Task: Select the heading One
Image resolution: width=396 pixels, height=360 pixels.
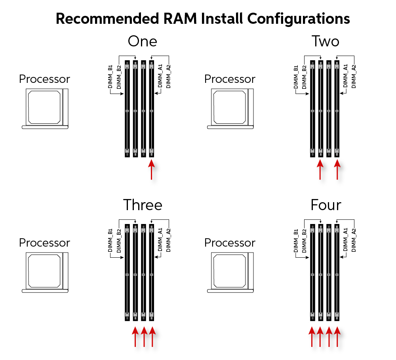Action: (x=142, y=41)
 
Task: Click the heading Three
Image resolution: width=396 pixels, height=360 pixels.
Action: (x=143, y=205)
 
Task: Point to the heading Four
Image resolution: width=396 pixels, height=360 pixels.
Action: (x=326, y=205)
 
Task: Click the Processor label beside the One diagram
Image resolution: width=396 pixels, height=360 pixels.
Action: (x=44, y=79)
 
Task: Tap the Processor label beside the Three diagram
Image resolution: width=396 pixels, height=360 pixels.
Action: (x=44, y=243)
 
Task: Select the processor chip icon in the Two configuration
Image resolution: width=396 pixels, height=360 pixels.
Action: (x=230, y=107)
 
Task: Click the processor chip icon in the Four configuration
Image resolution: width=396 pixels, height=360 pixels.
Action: (x=230, y=271)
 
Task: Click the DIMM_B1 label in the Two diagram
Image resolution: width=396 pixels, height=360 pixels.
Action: (x=296, y=77)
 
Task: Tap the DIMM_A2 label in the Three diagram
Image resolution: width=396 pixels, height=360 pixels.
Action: (x=168, y=240)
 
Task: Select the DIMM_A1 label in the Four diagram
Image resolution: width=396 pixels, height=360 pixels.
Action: (x=345, y=240)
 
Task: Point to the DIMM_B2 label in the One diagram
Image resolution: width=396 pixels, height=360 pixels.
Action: (x=118, y=77)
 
